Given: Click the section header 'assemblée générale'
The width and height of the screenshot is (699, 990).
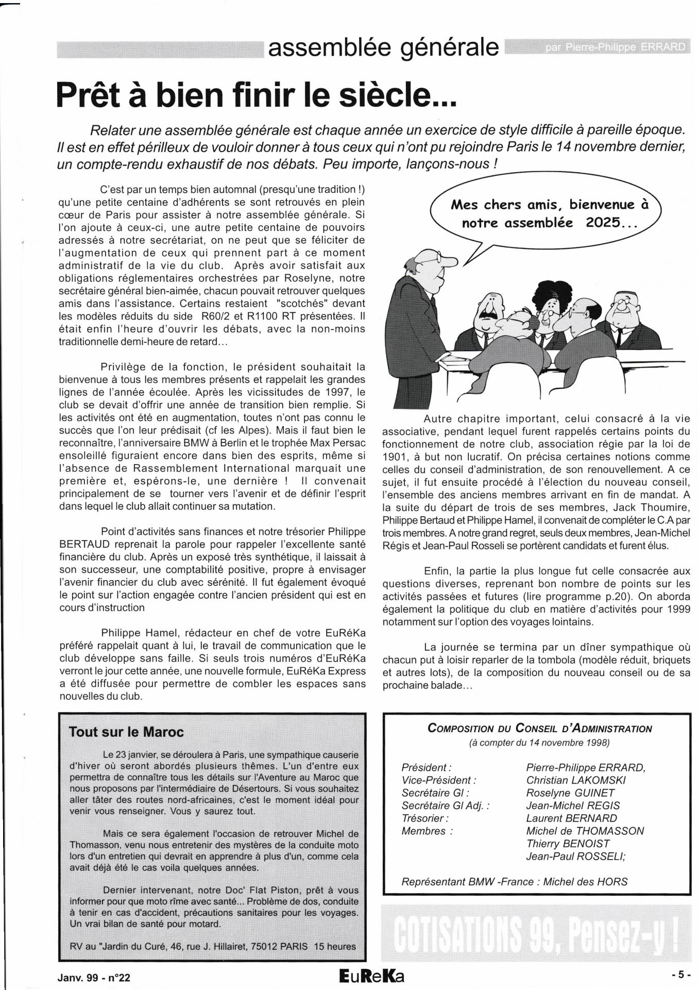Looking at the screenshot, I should (384, 48).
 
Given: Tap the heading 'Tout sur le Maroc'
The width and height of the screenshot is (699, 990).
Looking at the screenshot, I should (126, 732).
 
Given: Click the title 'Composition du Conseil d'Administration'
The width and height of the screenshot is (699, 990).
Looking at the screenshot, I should (539, 729).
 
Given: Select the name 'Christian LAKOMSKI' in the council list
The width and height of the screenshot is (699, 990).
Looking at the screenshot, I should (576, 780).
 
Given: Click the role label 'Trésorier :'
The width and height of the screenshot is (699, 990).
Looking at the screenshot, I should (425, 818).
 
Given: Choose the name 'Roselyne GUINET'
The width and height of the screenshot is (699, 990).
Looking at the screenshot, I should (570, 793).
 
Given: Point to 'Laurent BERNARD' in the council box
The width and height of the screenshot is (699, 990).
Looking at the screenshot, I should (571, 818).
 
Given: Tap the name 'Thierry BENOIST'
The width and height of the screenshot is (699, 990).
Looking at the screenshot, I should (568, 844).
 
